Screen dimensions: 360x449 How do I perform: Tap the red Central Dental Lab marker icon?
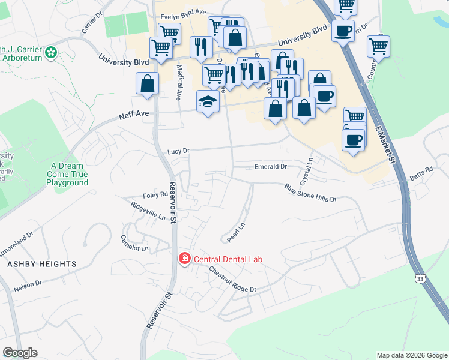click(185, 259)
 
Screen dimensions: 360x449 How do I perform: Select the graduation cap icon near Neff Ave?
click(208, 102)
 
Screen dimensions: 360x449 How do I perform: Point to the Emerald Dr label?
click(271, 167)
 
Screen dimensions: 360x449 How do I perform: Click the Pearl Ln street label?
click(237, 232)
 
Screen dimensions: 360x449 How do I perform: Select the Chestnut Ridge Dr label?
click(233, 280)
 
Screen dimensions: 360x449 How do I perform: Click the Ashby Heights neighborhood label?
click(42, 264)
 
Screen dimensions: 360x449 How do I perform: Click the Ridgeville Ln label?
click(148, 212)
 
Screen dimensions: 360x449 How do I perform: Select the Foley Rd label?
click(155, 194)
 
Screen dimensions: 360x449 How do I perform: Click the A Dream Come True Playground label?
click(70, 174)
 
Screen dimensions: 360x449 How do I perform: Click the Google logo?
click(20, 353)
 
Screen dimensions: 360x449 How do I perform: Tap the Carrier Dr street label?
click(89, 25)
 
